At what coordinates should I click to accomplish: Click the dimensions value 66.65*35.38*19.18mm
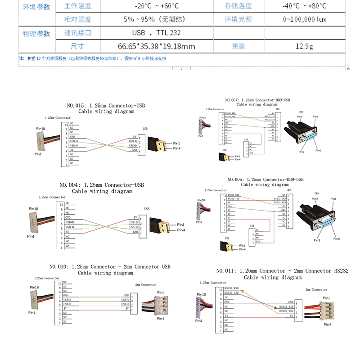pyautogui.click(x=156, y=46)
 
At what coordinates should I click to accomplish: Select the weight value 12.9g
pyautogui.click(x=304, y=46)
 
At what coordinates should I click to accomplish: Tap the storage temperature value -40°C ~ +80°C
pyautogui.click(x=304, y=6)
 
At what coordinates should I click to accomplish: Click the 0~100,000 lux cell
pyautogui.click(x=304, y=19)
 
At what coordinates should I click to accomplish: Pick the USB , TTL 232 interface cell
pyautogui.click(x=156, y=33)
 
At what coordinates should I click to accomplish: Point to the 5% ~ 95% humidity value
pyautogui.click(x=156, y=19)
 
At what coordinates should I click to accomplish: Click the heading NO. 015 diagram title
pyautogui.click(x=106, y=108)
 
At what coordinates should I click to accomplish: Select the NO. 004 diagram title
pyautogui.click(x=102, y=188)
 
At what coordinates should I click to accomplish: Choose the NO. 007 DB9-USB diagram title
pyautogui.click(x=257, y=102)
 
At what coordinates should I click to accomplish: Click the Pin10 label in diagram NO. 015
pyautogui.click(x=40, y=129)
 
